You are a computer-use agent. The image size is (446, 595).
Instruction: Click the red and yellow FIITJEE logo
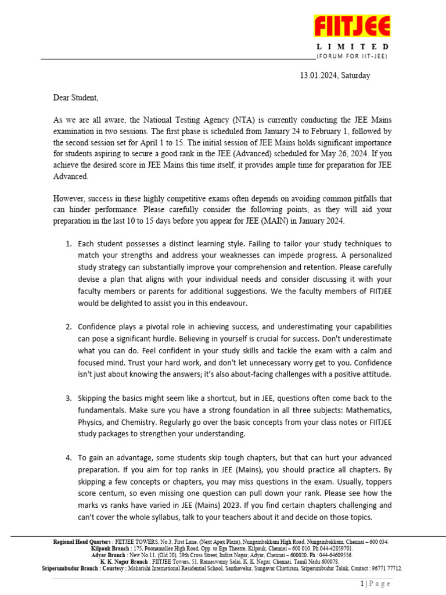coord(352,27)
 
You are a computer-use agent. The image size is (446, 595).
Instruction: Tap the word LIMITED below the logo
coord(353,46)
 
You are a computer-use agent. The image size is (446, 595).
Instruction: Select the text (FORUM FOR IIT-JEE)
coord(352,56)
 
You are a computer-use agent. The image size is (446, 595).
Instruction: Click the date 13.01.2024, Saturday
coord(334,76)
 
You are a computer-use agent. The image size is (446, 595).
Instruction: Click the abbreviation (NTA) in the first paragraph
coord(251,120)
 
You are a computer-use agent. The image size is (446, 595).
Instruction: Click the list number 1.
coord(68,244)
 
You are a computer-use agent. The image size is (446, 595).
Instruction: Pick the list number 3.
coord(68,398)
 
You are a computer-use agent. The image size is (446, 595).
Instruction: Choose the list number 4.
coord(68,458)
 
